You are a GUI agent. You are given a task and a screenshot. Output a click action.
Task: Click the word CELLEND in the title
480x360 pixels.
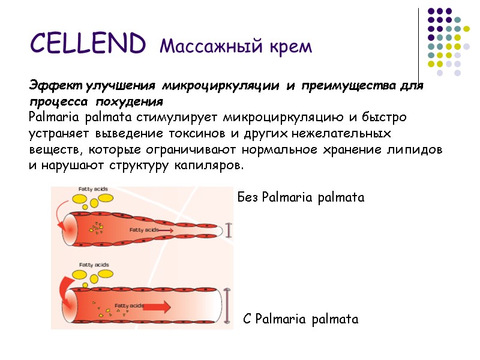click(87, 43)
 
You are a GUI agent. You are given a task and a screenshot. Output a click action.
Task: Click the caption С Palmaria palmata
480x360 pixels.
click(301, 319)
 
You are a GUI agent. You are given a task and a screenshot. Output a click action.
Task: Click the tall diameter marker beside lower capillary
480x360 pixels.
click(227, 306)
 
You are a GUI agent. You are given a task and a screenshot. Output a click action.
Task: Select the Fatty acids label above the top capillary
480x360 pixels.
click(88, 190)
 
